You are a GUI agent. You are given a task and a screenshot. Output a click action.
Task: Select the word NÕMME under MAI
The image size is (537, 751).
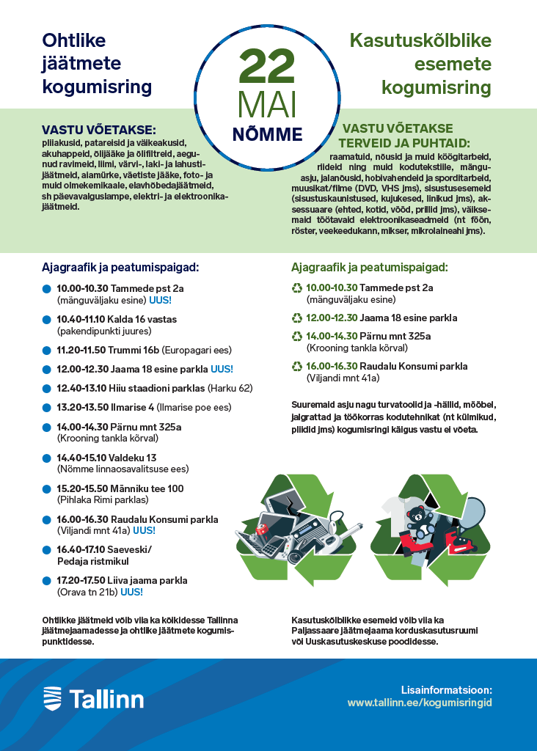tap(268, 134)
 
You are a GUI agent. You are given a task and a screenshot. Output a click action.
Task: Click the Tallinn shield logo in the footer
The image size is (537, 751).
tap(52, 697)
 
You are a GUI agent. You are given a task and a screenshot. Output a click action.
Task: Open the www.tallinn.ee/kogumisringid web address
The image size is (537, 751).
tap(419, 703)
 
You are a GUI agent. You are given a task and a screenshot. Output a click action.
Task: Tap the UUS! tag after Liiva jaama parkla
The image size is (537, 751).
tap(131, 592)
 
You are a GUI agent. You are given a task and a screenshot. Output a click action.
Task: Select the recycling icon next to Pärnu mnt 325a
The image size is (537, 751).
tap(297, 337)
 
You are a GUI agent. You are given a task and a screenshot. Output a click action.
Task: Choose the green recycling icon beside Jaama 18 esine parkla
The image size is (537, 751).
tap(297, 318)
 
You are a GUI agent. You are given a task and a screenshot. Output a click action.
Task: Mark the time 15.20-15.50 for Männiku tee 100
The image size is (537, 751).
tap(82, 488)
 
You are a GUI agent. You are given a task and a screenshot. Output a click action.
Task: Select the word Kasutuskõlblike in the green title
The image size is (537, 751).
tap(420, 41)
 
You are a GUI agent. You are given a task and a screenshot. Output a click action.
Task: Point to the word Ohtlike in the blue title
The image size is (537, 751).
tap(74, 41)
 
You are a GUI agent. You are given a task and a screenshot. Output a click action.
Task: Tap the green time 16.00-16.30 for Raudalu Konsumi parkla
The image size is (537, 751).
tap(332, 366)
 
